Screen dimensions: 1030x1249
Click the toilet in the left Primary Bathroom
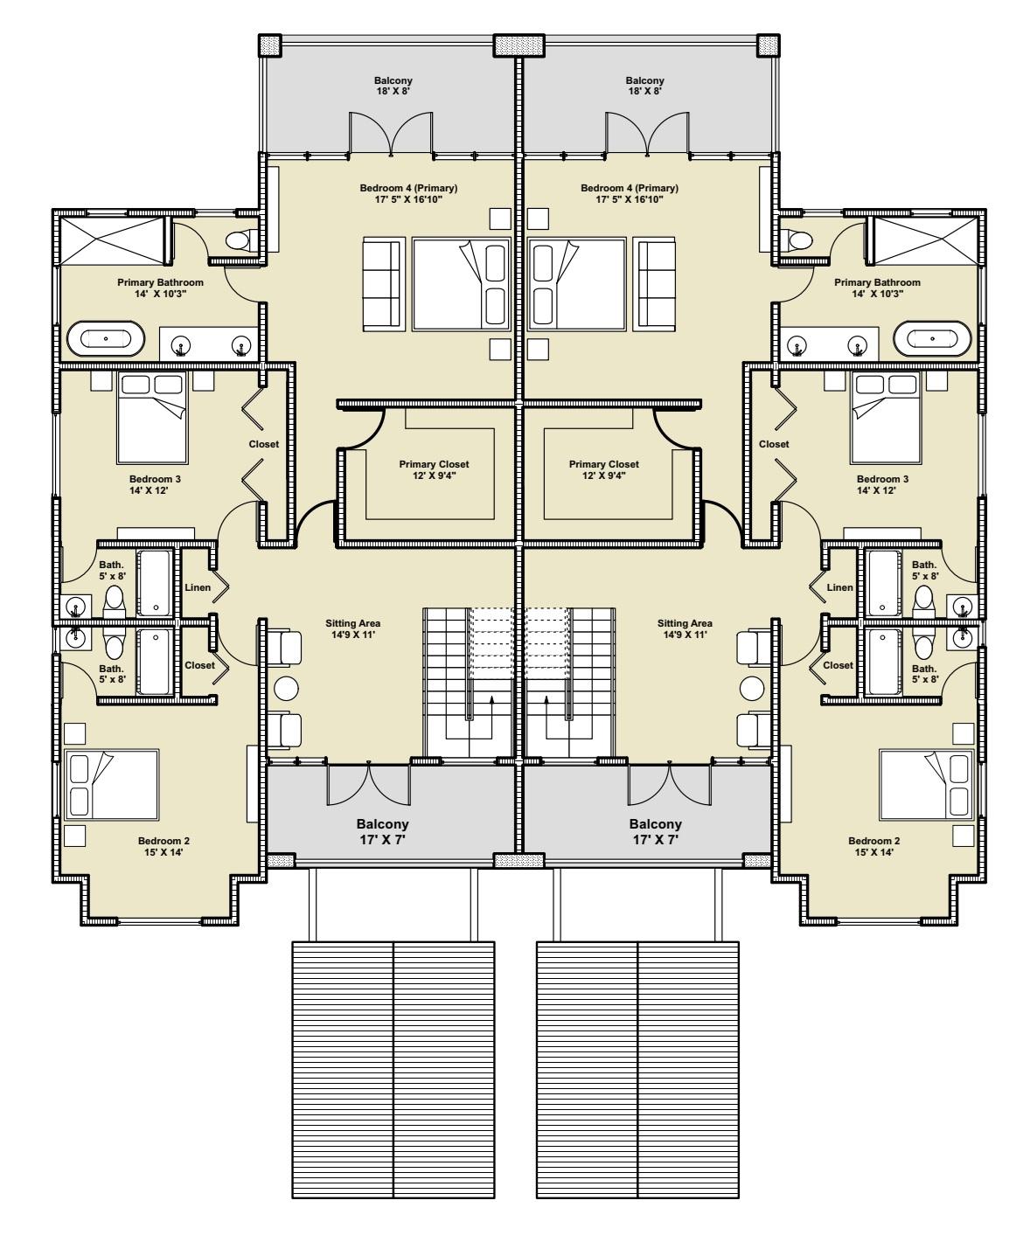click(241, 240)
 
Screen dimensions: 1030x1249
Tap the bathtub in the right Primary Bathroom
click(932, 339)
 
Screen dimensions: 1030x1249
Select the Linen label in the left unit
click(198, 587)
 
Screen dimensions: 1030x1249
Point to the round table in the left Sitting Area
click(285, 689)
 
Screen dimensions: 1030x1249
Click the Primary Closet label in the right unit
click(604, 464)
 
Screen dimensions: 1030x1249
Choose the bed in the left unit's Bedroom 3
click(153, 418)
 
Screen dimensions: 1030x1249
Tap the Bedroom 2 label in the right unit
click(873, 841)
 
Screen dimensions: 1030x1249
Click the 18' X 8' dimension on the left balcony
click(393, 91)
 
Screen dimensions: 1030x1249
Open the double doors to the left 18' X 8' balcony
click(390, 134)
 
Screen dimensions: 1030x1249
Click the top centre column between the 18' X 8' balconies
click(518, 45)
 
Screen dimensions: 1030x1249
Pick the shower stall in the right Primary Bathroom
click(925, 240)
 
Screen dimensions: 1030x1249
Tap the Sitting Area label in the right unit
click(685, 623)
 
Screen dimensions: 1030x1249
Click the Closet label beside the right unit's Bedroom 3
click(774, 444)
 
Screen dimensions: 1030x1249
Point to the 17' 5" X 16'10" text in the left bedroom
click(409, 199)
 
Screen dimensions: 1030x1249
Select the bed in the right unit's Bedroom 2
click(927, 784)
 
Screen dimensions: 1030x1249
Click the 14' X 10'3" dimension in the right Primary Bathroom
click(877, 294)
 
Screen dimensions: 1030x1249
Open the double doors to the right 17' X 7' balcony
click(670, 786)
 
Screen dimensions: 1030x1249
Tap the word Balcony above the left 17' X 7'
click(382, 823)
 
